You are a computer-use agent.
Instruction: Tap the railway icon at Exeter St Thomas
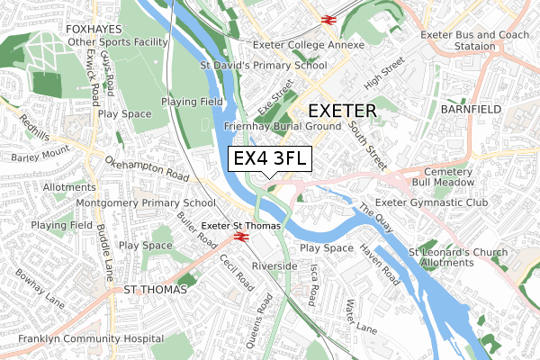(x=240, y=237)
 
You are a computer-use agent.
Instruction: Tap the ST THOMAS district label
(x=154, y=290)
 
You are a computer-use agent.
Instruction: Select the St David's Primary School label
(x=263, y=65)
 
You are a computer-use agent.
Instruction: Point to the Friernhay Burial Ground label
(x=281, y=128)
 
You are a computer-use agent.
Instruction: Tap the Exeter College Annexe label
(x=308, y=45)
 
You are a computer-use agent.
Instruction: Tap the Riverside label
(x=274, y=266)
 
